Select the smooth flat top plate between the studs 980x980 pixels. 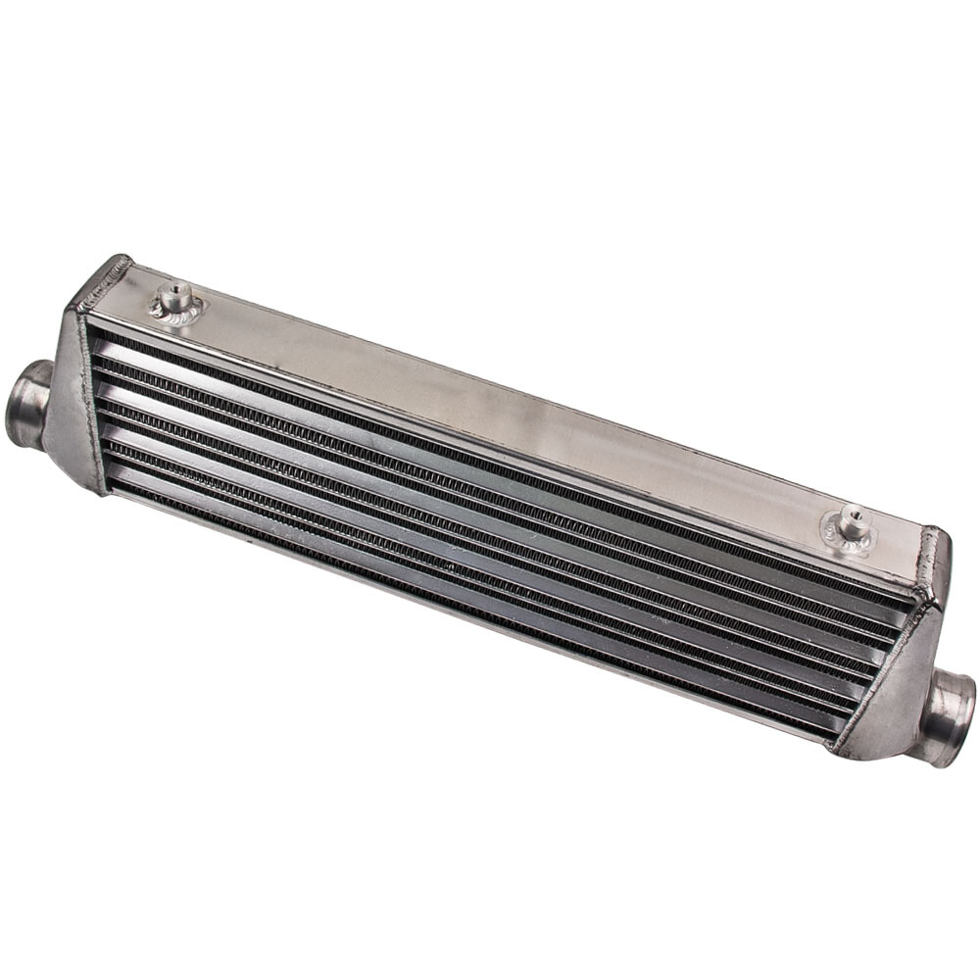coord(510,402)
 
